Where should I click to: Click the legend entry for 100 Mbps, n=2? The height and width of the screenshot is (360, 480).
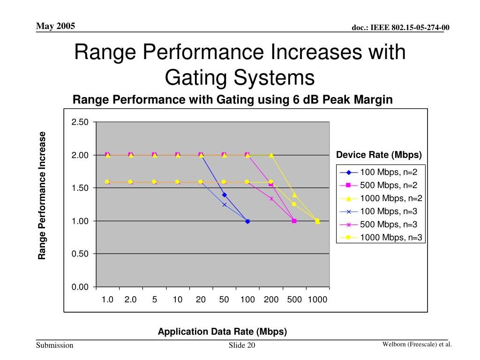coord(379,172)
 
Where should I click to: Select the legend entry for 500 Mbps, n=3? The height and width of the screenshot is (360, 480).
coord(379,225)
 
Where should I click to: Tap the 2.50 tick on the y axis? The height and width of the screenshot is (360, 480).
coord(80,122)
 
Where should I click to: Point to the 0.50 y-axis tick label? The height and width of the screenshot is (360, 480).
coord(80,254)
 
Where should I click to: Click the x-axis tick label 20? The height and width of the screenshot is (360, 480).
coord(201,300)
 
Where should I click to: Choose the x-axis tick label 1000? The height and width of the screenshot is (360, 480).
coord(318,300)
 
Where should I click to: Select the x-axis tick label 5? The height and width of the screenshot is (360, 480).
coord(154,300)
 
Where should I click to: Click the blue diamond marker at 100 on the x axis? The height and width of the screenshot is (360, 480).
coord(247,221)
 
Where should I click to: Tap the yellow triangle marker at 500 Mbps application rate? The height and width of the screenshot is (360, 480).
coord(294,195)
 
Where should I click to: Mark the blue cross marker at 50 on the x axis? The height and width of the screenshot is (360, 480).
coord(224,205)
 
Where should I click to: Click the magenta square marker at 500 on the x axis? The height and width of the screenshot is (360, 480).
coord(294,221)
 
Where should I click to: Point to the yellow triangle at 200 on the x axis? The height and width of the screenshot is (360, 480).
coord(271,155)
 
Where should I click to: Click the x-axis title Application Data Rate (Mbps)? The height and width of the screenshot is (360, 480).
coord(222,331)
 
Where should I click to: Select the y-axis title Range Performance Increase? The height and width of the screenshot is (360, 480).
coord(42,195)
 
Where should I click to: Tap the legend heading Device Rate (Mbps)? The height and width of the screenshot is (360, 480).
coord(379,155)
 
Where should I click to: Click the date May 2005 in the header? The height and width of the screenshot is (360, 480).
coord(56,26)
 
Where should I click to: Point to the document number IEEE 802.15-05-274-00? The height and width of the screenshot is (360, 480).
coord(401,28)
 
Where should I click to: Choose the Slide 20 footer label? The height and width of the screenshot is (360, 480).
coord(242,346)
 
